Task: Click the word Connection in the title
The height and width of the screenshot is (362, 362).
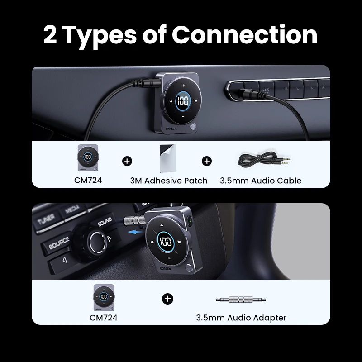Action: [245, 35]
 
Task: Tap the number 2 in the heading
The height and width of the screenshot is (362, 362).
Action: [50, 35]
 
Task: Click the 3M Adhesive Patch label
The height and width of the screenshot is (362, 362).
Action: [168, 181]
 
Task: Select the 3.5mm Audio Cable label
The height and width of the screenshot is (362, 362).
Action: [260, 181]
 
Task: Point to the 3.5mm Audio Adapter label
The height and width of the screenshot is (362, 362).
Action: [241, 318]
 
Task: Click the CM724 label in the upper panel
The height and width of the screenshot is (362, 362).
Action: [88, 181]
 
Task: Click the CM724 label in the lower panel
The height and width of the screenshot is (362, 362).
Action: [103, 318]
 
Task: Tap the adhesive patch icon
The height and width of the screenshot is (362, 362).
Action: [167, 158]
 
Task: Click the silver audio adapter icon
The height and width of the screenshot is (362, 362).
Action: [241, 299]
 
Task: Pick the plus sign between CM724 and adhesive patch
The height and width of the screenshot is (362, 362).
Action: [127, 161]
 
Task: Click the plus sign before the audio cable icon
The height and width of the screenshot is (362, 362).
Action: [207, 161]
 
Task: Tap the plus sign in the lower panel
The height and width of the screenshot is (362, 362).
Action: [168, 299]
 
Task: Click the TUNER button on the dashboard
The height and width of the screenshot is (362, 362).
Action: [46, 220]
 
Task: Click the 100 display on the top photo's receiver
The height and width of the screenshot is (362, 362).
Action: [183, 101]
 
